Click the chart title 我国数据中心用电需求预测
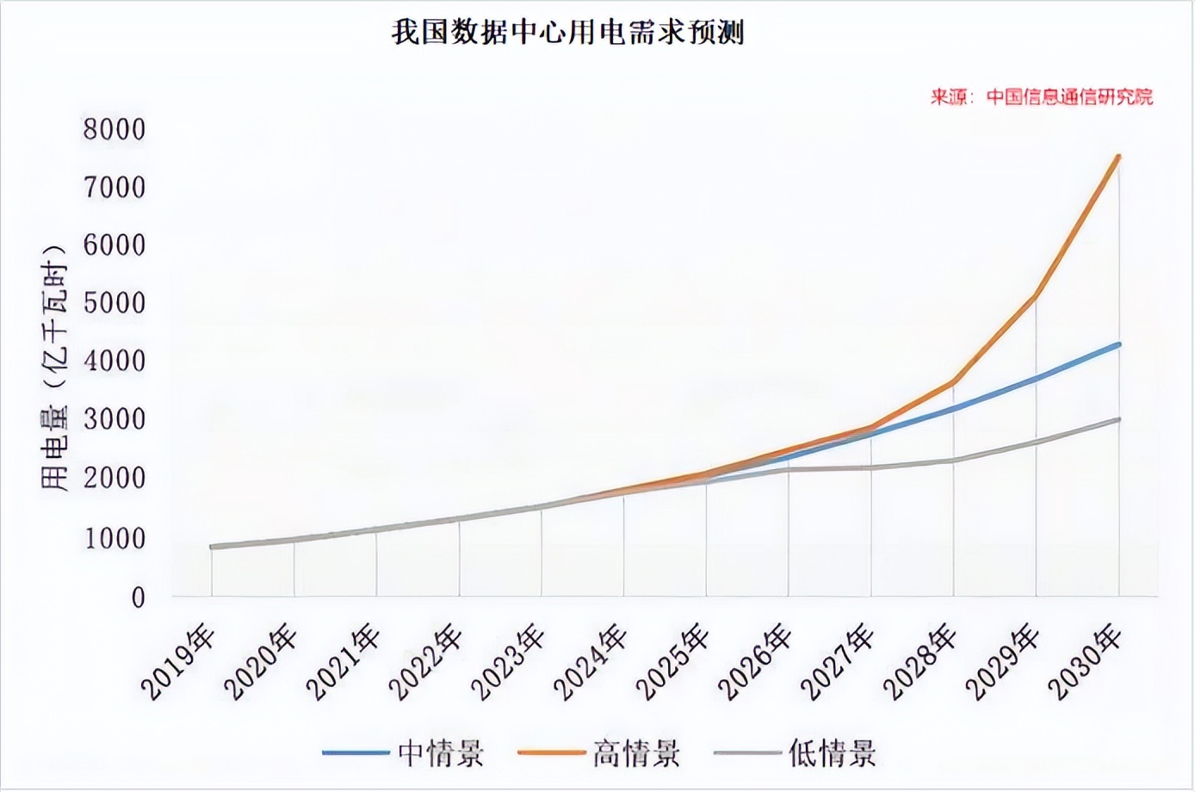pyautogui.click(x=568, y=34)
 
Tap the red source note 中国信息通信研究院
pyautogui.click(x=1041, y=96)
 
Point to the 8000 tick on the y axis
pyautogui.click(x=115, y=129)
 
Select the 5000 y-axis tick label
pyautogui.click(x=115, y=303)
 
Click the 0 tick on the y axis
pyautogui.click(x=138, y=597)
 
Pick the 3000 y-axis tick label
pyautogui.click(x=115, y=420)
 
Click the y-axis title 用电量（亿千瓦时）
pyautogui.click(x=54, y=366)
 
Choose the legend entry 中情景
pyautogui.click(x=441, y=753)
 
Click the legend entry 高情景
pyautogui.click(x=636, y=753)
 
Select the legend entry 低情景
pyautogui.click(x=833, y=753)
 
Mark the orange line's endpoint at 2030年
pyautogui.click(x=1118, y=156)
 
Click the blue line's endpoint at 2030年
pyautogui.click(x=1118, y=344)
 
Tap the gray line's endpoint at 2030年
pyautogui.click(x=1118, y=419)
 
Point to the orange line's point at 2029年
pyautogui.click(x=1036, y=296)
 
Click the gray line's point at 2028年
pyautogui.click(x=953, y=461)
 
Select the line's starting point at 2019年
pyautogui.click(x=212, y=547)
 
